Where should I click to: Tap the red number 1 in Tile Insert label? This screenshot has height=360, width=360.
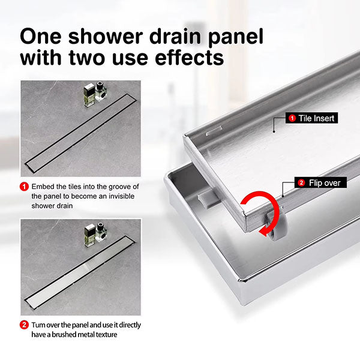(x=292, y=119)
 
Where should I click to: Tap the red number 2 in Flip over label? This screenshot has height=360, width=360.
(x=301, y=182)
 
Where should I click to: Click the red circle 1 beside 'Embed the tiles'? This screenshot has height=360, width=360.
(x=25, y=187)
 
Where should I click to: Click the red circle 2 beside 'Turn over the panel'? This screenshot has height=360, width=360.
(x=25, y=325)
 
